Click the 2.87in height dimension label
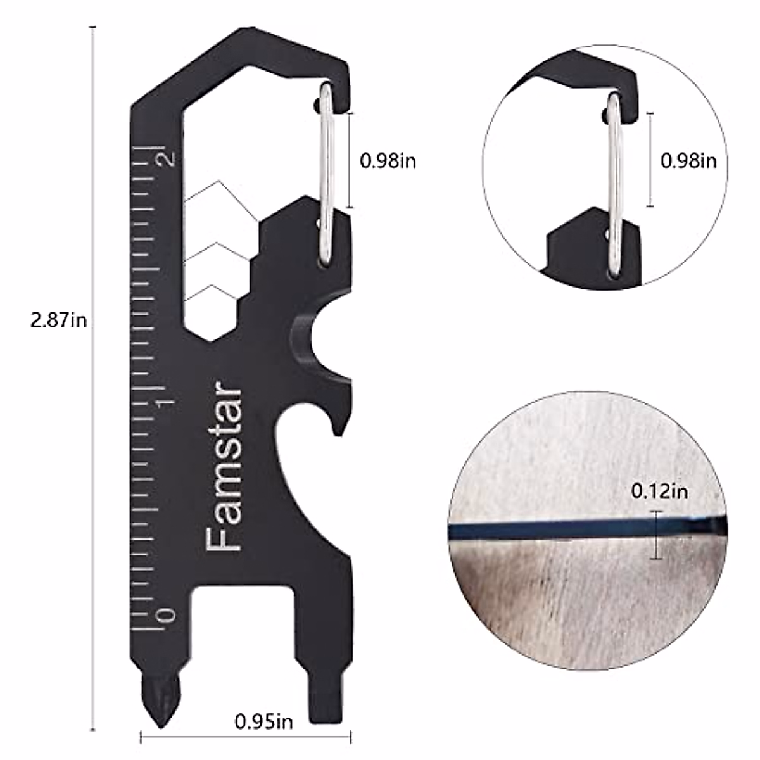point(59,320)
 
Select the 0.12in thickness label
point(659,491)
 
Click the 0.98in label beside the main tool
point(388,161)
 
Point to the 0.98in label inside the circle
point(688,161)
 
